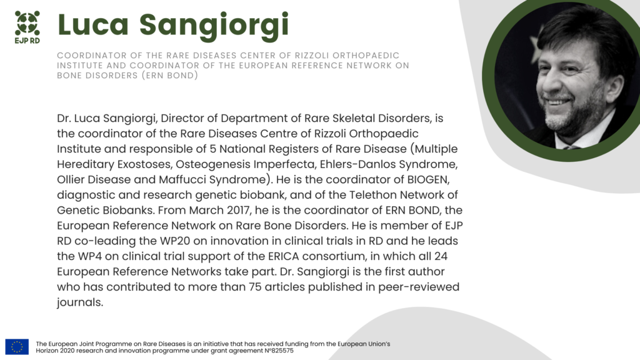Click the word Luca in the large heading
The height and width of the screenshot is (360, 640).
(x=93, y=25)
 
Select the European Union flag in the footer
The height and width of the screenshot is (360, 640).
(x=17, y=346)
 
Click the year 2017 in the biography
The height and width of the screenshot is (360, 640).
(x=239, y=210)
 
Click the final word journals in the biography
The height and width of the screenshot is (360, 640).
(x=79, y=302)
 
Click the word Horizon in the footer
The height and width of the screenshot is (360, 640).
(x=46, y=351)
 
